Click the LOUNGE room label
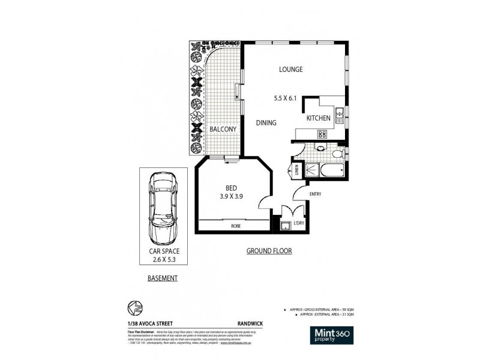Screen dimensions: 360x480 pos(290,70)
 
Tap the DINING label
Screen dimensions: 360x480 pos(266,123)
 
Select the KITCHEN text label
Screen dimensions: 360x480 pos(318,119)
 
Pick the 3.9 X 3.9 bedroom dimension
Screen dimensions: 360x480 pos(231,196)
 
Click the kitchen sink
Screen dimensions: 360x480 pos(339,113)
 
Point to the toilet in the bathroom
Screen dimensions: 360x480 pos(337,155)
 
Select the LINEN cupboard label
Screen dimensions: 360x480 pos(296,171)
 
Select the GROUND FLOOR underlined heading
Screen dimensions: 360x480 pos(270,251)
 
